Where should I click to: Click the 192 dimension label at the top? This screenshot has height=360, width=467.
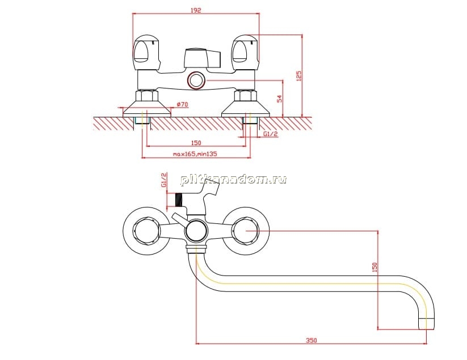point(196,10)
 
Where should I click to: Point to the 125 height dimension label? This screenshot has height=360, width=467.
point(298,75)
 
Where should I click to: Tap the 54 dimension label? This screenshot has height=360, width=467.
point(279,99)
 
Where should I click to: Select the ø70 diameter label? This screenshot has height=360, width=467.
point(183,104)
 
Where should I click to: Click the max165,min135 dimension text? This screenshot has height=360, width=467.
point(195,154)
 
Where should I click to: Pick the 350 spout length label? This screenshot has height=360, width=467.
point(312,340)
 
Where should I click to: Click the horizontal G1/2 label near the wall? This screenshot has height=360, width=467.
point(271,134)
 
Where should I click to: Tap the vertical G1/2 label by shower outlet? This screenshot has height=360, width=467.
point(164,180)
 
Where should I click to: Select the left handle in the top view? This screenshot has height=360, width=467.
point(146,53)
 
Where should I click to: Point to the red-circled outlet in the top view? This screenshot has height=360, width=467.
point(196,81)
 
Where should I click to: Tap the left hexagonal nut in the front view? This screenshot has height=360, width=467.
point(146,230)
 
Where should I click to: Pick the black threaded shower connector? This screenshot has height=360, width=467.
point(178,200)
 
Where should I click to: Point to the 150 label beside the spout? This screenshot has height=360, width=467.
point(375,267)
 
